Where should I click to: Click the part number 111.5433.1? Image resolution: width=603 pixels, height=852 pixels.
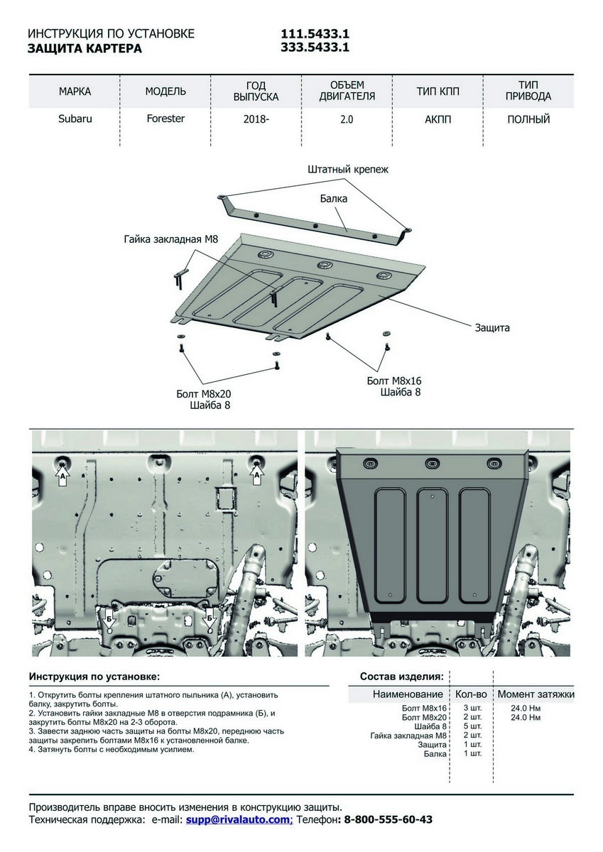[315, 34]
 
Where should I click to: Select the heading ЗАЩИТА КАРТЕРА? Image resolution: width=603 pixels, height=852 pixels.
[85, 49]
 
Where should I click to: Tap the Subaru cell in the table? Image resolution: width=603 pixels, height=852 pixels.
[75, 119]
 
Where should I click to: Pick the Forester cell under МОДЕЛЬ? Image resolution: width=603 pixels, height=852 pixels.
[165, 119]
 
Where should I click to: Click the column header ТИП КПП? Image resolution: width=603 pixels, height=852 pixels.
[438, 92]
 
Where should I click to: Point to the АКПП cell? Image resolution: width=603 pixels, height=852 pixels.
[438, 119]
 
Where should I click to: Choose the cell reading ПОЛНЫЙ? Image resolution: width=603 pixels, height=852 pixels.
[528, 119]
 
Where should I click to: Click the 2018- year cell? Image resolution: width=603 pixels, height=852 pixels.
[256, 119]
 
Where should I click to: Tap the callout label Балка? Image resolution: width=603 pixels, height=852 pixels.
[333, 199]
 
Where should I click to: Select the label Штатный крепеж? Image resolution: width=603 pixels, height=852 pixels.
[348, 170]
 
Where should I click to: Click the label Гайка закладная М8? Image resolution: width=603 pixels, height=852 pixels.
[170, 240]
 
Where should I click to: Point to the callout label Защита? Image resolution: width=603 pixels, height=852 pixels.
[492, 328]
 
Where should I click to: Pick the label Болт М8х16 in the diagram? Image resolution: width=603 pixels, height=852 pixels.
[394, 381]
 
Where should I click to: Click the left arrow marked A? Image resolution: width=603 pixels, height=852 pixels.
[63, 475]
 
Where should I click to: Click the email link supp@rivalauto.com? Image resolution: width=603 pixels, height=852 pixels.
[239, 819]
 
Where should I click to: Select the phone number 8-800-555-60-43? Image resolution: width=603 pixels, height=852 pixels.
[388, 819]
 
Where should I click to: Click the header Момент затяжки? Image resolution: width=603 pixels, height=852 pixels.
[536, 694]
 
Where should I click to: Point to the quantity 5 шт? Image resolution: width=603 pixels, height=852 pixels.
[472, 726]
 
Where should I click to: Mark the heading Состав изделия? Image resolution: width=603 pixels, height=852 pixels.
[402, 676]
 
